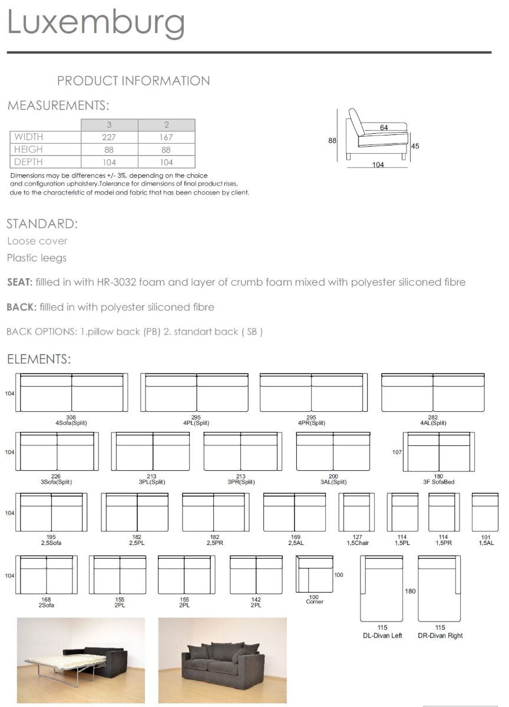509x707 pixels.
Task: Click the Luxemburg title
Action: [x=96, y=22]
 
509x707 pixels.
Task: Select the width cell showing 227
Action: [x=109, y=137]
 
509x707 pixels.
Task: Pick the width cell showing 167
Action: [x=167, y=137]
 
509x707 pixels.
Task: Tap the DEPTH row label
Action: [x=28, y=162]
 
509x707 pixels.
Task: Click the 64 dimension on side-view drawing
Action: [x=384, y=127]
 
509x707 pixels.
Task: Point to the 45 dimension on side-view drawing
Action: [x=415, y=147]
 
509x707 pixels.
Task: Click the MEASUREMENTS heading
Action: [x=58, y=106]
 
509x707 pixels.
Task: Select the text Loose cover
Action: [x=37, y=241]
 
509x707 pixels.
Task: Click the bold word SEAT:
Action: [x=19, y=282]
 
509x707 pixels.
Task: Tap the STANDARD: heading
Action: [x=42, y=224]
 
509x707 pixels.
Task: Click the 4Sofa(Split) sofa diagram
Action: [x=71, y=393]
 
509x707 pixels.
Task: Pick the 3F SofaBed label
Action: [x=438, y=482]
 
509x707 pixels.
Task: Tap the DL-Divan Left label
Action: [x=382, y=636]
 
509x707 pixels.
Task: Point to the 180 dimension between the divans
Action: [x=410, y=591]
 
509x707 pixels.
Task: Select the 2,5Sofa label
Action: [x=51, y=543]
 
